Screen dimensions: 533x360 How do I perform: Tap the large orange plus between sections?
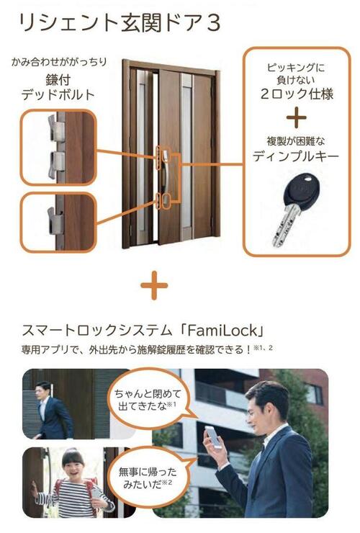click(x=154, y=287)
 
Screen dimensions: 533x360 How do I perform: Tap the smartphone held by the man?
click(x=215, y=436)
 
